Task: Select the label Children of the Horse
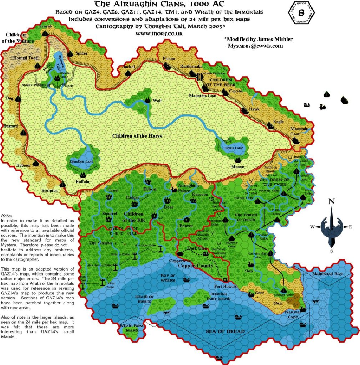click(137, 136)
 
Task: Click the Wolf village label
click(157, 101)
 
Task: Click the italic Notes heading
click(7, 216)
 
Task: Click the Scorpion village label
click(50, 190)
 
